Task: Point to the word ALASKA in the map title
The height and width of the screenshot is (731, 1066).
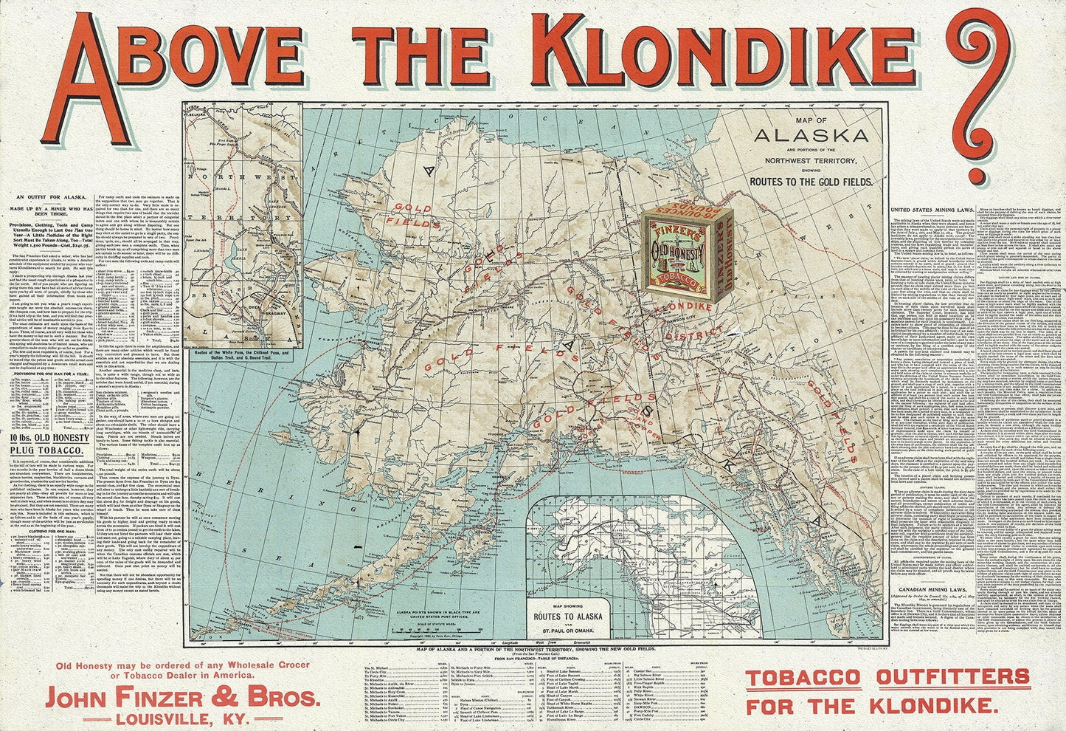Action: (x=810, y=135)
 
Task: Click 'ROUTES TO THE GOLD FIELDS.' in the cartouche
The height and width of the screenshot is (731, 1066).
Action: (x=810, y=181)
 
